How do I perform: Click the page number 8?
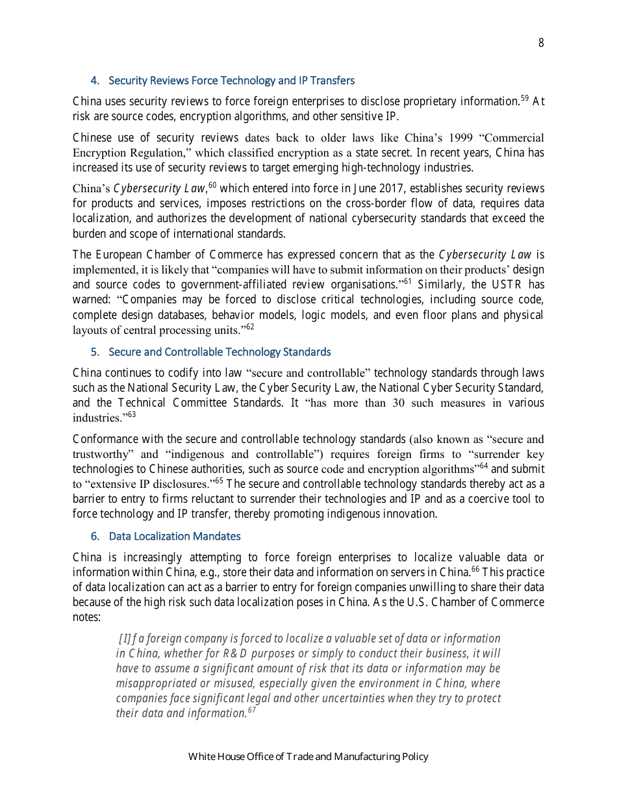pos(541,43)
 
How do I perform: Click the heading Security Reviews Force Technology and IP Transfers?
pos(231,81)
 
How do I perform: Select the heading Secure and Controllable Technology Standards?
pos(220,352)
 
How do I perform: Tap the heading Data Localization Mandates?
pos(175,537)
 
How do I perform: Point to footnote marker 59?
pos(525,99)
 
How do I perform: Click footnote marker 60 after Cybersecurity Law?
pos(212,186)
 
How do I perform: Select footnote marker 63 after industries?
pos(131,414)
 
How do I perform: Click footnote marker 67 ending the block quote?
pos(251,710)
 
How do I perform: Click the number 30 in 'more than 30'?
pos(401,403)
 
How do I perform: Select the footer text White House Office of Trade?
pos(308,757)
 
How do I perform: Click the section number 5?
pos(94,352)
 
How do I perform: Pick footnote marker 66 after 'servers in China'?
pos(475,570)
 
